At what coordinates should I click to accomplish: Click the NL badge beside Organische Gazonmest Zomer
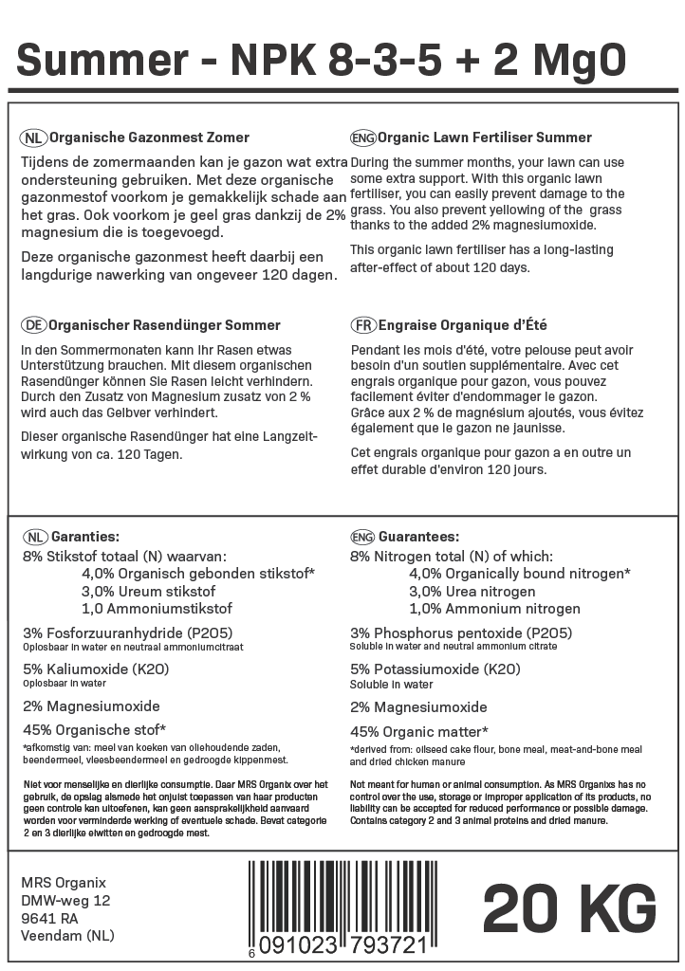point(32,137)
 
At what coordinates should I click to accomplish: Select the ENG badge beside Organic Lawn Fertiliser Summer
point(363,137)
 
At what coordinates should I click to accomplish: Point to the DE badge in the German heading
point(32,325)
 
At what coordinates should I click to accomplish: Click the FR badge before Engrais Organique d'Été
point(363,325)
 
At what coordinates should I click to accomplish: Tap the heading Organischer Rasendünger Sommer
point(164,325)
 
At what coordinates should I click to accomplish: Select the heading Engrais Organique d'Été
point(462,325)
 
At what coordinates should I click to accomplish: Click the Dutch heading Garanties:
point(84,536)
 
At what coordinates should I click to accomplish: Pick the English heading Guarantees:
point(418,536)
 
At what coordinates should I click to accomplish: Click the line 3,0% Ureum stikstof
point(149,591)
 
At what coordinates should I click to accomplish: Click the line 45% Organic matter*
point(419,731)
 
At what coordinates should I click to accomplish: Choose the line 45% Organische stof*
point(94,729)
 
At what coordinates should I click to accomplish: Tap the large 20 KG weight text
point(569,909)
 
